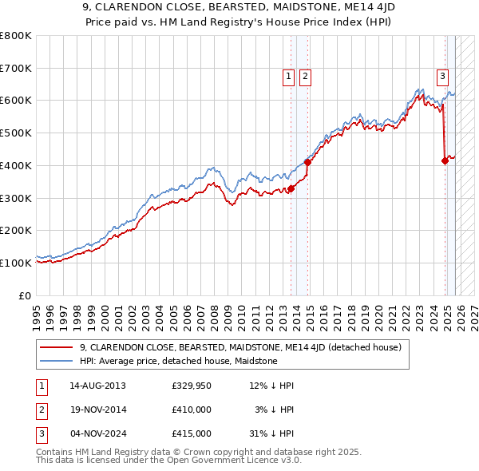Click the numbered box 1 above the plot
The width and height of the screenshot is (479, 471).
click(x=287, y=77)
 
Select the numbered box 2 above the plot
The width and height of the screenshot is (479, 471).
click(x=305, y=77)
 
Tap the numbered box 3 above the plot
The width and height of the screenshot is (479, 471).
click(x=442, y=77)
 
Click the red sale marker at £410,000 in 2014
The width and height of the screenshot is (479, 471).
click(x=307, y=162)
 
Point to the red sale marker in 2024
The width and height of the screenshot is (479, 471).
click(x=445, y=160)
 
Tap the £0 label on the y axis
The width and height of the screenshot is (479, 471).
click(x=26, y=295)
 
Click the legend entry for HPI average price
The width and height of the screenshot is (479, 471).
click(x=178, y=362)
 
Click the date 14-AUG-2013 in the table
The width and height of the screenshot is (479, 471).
click(x=97, y=386)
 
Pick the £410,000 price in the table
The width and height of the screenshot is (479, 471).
click(x=191, y=410)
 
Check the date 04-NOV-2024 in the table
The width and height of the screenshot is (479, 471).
click(x=97, y=433)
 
